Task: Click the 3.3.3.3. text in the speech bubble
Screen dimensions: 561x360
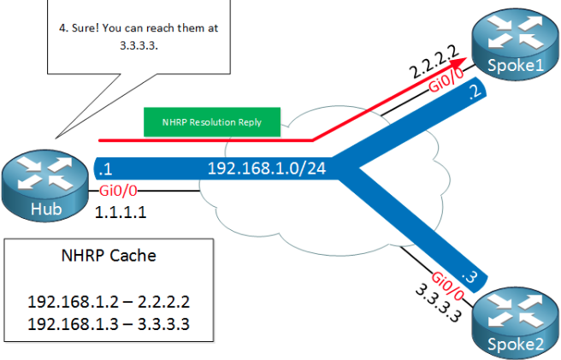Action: pyautogui.click(x=139, y=48)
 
